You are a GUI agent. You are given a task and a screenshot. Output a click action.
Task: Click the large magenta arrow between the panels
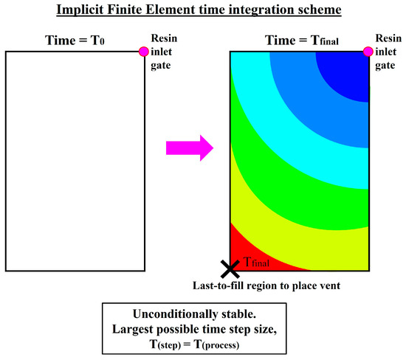click(x=189, y=148)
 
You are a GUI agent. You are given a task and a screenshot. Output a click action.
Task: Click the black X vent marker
click(x=230, y=269)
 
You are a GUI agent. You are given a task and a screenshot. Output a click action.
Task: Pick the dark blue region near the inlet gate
click(x=343, y=74)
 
